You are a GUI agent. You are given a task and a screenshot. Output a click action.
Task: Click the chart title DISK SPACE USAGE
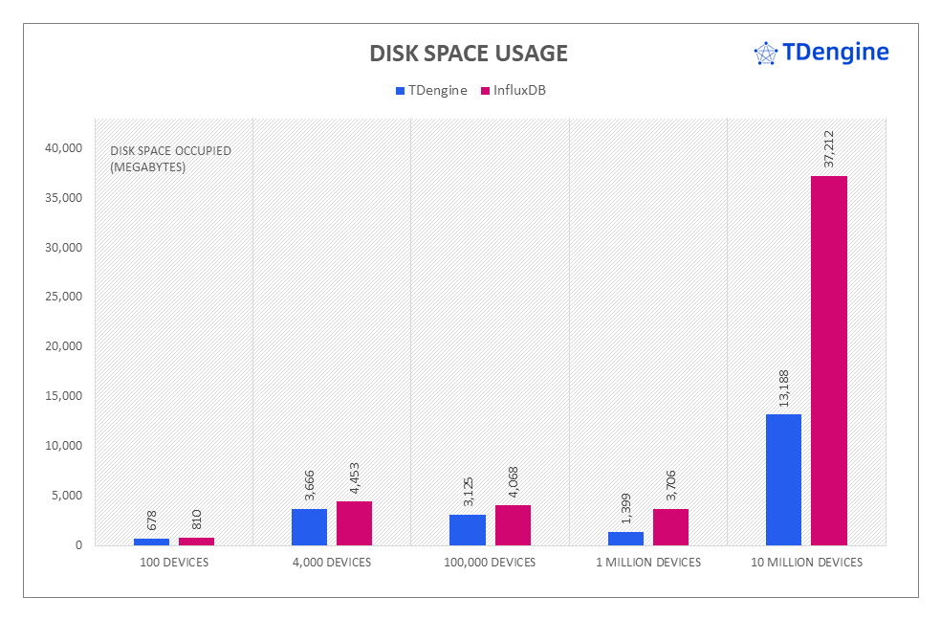pos(469,54)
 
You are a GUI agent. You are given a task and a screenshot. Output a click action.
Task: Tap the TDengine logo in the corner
pos(821,53)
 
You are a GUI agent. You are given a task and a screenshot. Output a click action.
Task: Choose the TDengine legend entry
pos(430,91)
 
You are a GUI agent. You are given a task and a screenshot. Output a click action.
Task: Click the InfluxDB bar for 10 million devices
pos(829,361)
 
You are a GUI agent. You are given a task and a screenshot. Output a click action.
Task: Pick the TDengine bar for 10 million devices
pos(784,479)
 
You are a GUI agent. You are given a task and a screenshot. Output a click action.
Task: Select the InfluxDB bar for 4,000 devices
pos(354,523)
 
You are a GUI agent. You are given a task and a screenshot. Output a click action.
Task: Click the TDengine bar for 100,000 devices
pos(468,530)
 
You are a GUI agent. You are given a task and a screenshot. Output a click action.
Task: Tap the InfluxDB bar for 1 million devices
pos(670,527)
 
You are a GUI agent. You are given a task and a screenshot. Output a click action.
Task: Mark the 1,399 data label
pos(625,508)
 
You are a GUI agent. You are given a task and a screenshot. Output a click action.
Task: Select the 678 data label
pos(151,521)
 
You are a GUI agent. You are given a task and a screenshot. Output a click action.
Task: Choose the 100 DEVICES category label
pos(173,563)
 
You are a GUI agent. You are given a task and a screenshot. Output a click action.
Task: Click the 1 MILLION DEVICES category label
pos(648,563)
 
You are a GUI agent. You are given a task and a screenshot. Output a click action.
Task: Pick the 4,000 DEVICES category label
pos(331,563)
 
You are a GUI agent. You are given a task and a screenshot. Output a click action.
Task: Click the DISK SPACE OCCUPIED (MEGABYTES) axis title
pos(170,159)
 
